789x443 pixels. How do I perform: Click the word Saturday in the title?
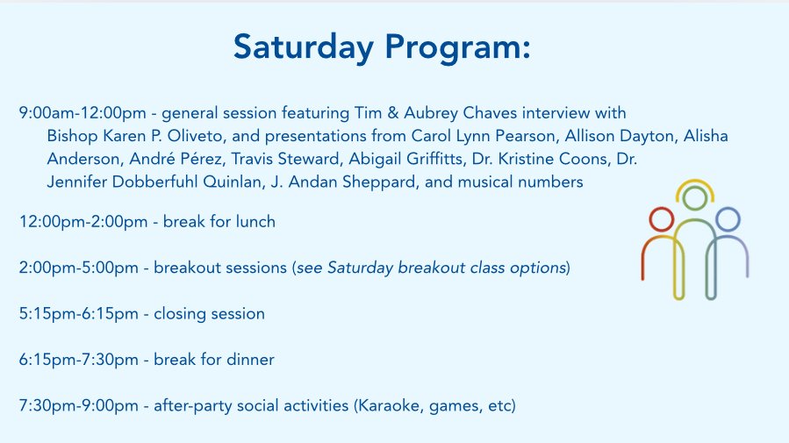point(304,46)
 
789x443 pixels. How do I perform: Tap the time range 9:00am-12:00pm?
point(82,113)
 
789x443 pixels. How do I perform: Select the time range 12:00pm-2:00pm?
point(83,222)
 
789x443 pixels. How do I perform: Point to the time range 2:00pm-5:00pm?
point(78,268)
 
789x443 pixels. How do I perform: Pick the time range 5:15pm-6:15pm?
point(78,314)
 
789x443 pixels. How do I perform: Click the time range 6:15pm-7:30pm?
point(78,360)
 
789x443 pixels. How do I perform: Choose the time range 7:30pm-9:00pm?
point(78,406)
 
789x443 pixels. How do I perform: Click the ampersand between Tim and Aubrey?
point(393,113)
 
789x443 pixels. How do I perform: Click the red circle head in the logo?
point(661,219)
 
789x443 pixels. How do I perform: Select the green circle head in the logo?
point(695,197)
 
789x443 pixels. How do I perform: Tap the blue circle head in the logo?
point(728,219)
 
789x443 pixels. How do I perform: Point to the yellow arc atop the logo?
point(695,180)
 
